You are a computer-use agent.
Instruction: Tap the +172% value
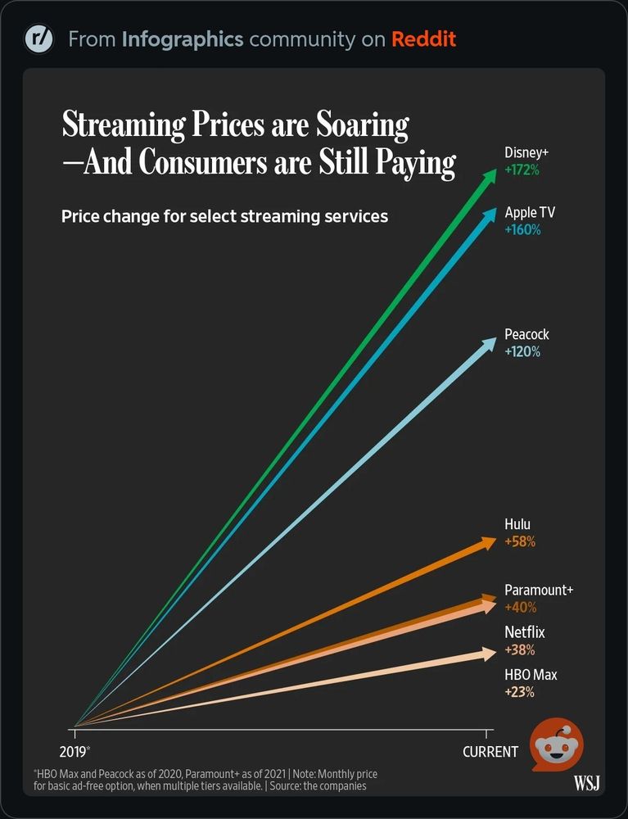(522, 170)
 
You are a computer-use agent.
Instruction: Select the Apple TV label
(530, 213)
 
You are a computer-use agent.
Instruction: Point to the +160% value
(522, 230)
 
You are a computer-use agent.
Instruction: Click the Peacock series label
(526, 335)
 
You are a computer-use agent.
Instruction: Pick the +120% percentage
(522, 352)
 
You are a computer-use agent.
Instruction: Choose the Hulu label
(518, 524)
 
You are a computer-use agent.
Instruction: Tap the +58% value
(520, 541)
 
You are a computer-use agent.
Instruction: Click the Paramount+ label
(539, 590)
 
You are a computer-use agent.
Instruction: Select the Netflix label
(524, 632)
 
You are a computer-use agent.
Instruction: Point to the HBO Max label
(529, 675)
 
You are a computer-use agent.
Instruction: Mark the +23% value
(519, 692)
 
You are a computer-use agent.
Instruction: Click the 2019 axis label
(74, 750)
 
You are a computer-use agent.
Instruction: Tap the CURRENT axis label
(490, 751)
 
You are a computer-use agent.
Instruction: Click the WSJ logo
(586, 784)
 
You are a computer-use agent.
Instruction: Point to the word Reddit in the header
(423, 38)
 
